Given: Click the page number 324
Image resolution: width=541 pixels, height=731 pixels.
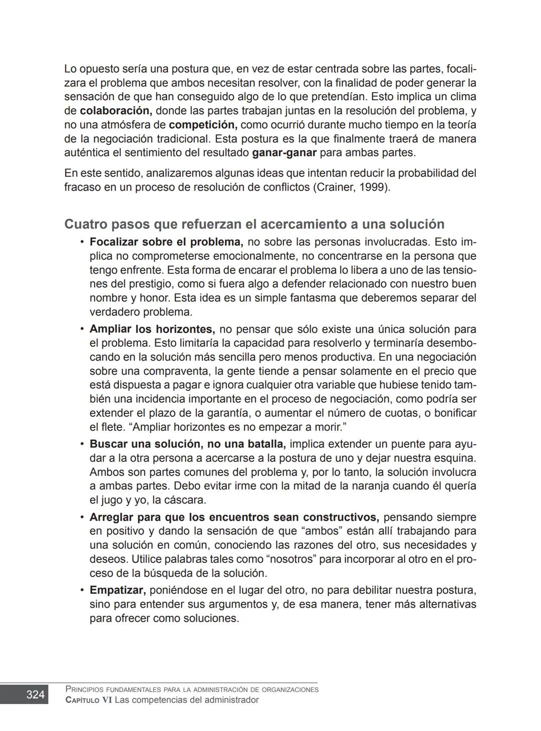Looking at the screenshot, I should [x=35, y=694].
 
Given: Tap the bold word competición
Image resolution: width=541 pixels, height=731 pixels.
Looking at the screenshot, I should [x=203, y=125].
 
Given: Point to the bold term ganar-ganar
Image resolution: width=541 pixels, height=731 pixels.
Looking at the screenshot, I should [x=284, y=153].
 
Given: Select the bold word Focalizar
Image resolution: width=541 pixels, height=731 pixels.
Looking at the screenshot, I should [x=114, y=242].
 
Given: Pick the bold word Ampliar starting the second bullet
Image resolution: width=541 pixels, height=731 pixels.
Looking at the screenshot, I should [x=110, y=330].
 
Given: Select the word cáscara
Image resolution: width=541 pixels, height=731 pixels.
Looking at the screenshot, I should [x=185, y=500].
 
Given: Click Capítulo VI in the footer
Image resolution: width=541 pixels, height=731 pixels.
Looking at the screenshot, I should [x=89, y=700].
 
